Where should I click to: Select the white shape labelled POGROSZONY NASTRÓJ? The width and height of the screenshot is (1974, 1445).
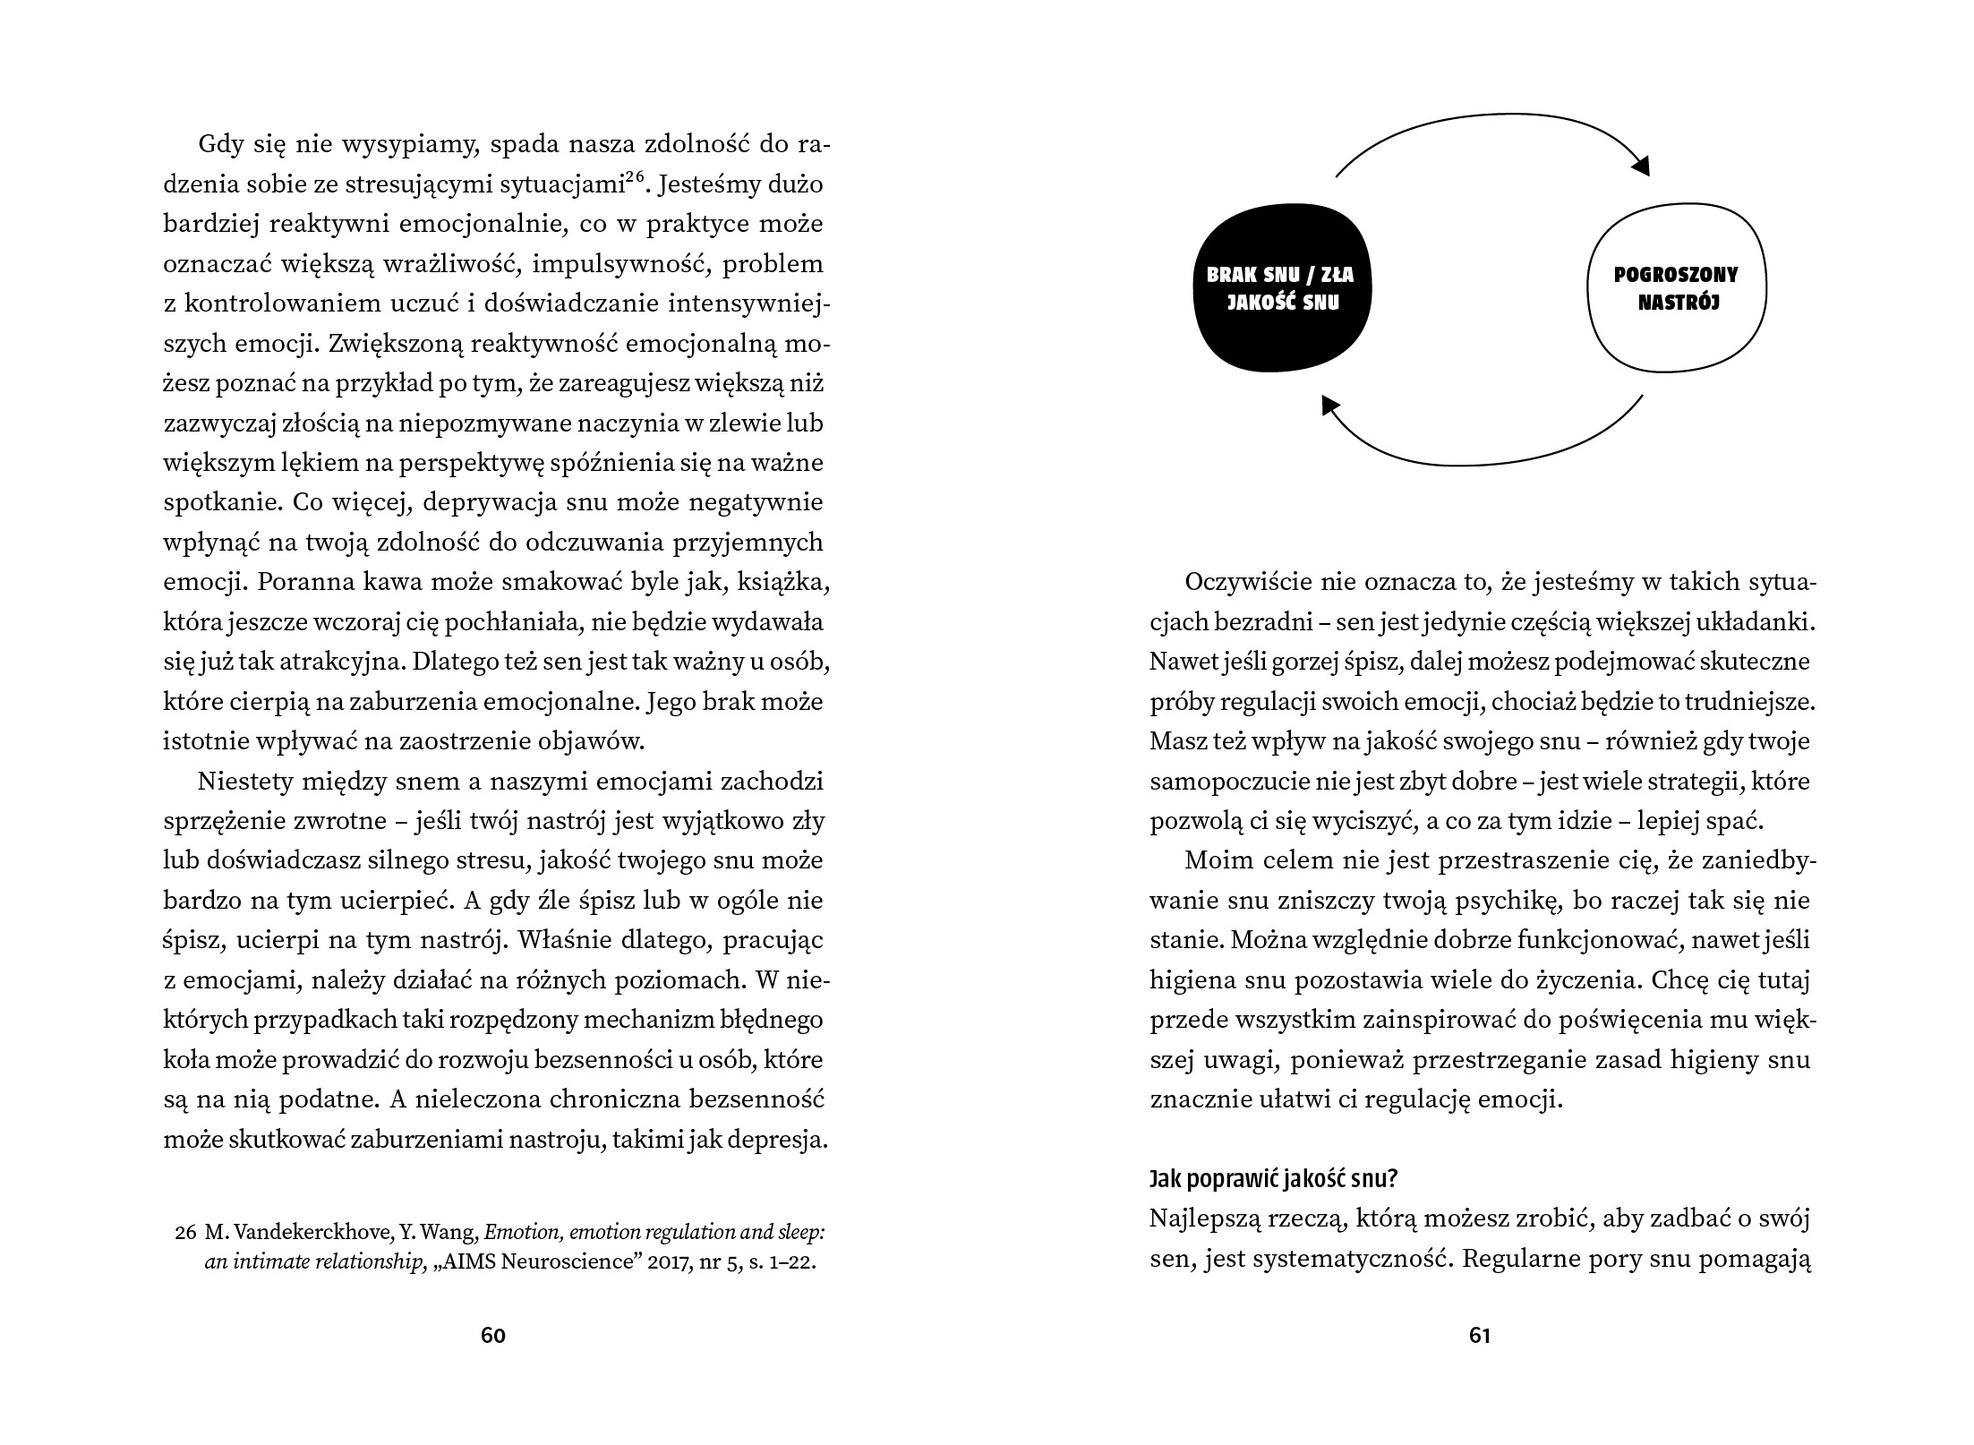pos(1676,287)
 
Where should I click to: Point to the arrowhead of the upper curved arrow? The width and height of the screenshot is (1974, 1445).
pos(1639,167)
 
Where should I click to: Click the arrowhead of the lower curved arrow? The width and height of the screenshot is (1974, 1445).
pos(1331,406)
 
